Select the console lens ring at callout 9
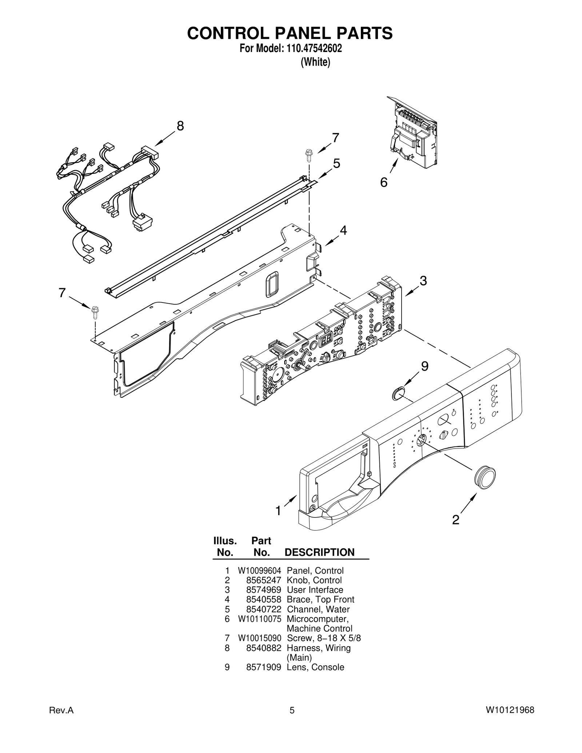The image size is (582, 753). click(399, 393)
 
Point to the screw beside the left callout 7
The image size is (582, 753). click(96, 311)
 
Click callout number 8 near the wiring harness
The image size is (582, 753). click(180, 126)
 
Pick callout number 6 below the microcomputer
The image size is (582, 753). click(384, 182)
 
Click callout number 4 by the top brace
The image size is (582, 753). click(343, 230)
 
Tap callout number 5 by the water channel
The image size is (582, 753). click(336, 164)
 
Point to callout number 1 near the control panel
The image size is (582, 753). click(278, 511)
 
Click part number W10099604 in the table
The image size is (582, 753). click(259, 571)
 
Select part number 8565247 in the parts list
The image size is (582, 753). click(264, 580)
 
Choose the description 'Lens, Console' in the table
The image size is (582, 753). click(315, 667)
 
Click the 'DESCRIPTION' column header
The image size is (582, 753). click(319, 552)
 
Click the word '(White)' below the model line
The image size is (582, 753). click(315, 63)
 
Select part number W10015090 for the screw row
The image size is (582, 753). click(259, 638)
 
